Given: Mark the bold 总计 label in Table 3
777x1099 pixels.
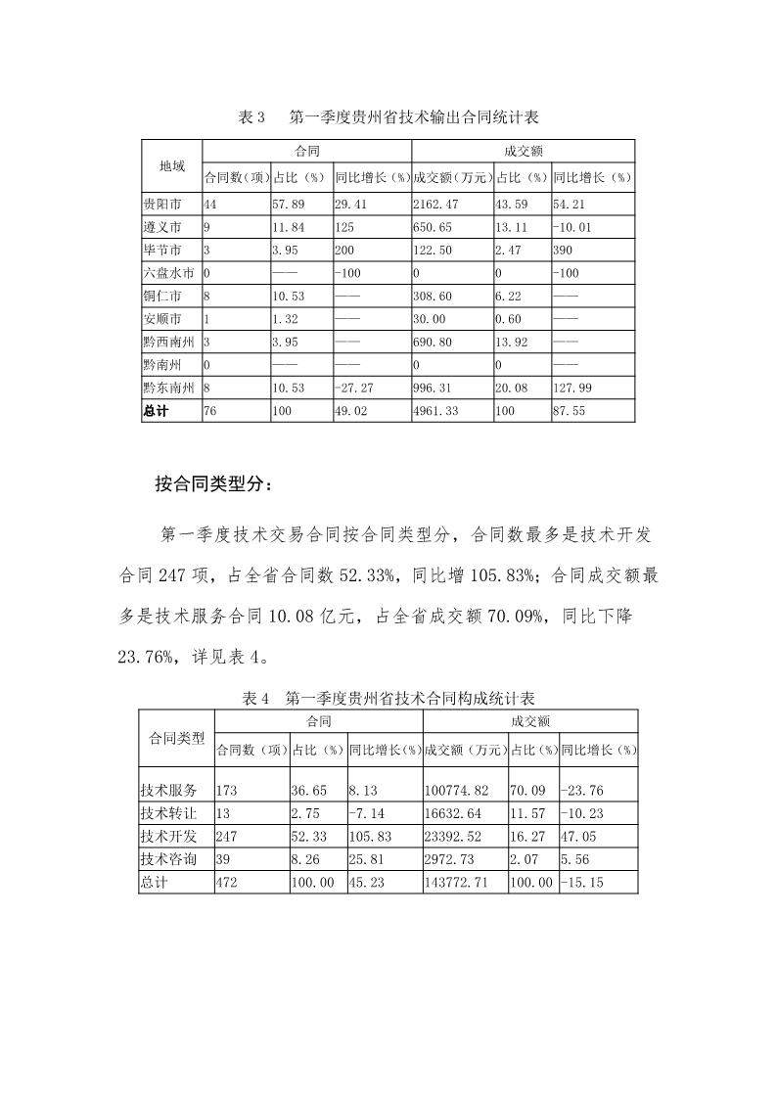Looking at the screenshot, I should pyautogui.click(x=156, y=411).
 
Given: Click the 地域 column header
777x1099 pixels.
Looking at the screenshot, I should pyautogui.click(x=171, y=165).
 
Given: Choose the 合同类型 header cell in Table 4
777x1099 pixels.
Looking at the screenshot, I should pyautogui.click(x=176, y=738).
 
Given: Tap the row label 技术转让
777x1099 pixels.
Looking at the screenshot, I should pyautogui.click(x=168, y=812).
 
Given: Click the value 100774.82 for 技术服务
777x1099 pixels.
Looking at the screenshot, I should pyautogui.click(x=455, y=791).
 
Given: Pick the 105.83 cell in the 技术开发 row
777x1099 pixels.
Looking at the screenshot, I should pyautogui.click(x=370, y=836).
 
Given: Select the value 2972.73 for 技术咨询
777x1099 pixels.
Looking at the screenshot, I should pyautogui.click(x=449, y=858).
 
